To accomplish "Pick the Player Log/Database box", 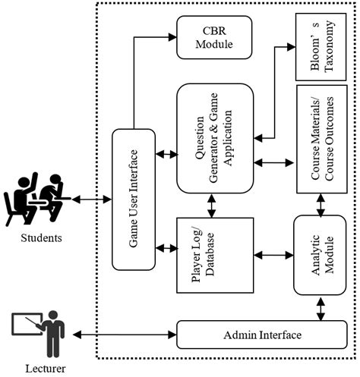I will [208, 255].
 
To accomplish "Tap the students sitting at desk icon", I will [38, 199].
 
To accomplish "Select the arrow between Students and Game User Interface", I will [92, 199].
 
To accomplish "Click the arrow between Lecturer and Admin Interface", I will [122, 335].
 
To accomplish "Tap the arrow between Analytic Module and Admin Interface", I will [319, 307].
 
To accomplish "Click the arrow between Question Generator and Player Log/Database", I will [208, 203].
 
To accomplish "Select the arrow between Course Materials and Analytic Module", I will [319, 203].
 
